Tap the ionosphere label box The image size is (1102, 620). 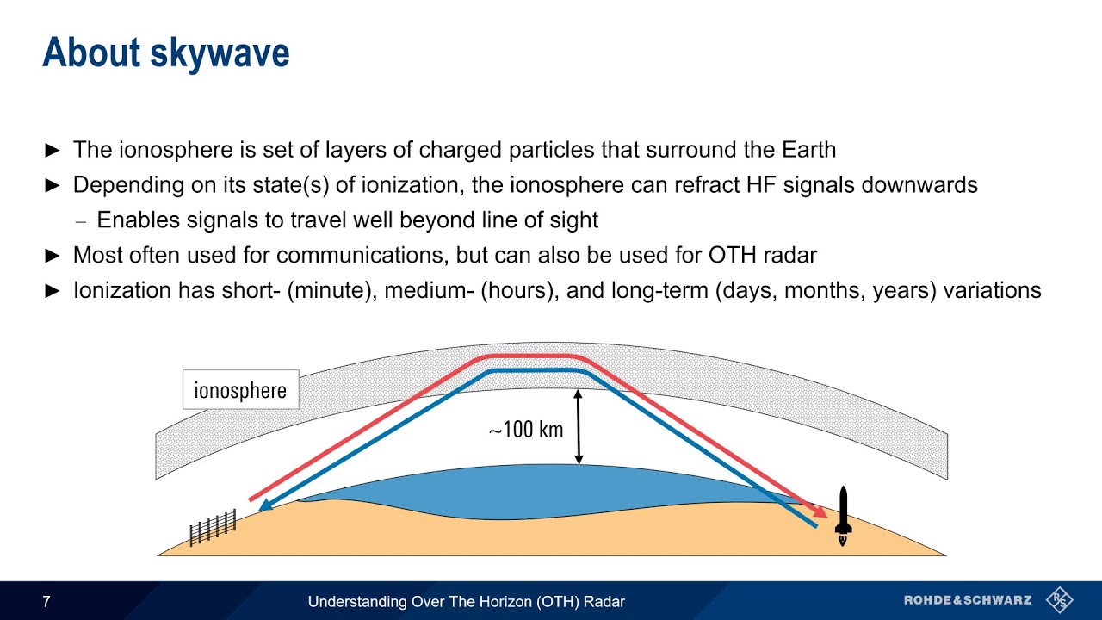[x=240, y=390]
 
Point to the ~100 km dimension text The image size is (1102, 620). [x=525, y=429]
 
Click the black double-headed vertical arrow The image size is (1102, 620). [x=579, y=427]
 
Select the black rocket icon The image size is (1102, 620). [x=843, y=515]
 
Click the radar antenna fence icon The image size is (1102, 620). [x=213, y=527]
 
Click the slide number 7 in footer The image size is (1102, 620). [x=46, y=602]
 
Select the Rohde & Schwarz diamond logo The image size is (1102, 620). [x=1059, y=600]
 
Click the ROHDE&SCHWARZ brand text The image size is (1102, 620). [x=967, y=600]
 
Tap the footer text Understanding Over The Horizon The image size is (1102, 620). [x=466, y=602]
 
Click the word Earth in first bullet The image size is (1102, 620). [x=808, y=150]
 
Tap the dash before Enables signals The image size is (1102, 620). [x=82, y=220]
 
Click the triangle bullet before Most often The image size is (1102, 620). [x=53, y=256]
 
